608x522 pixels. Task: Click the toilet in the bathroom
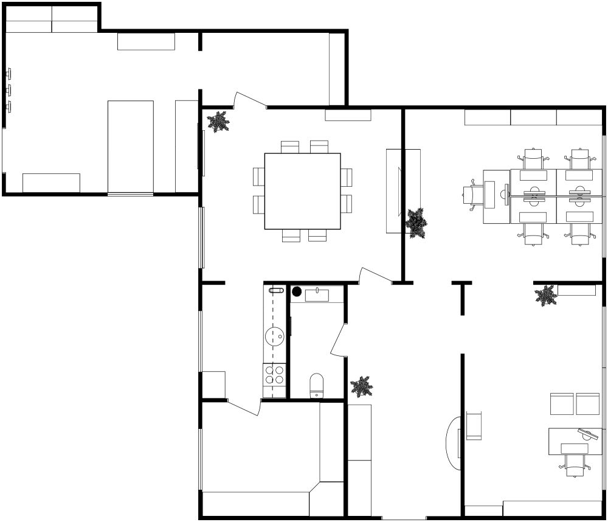317,385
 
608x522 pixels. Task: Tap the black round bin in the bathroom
297,291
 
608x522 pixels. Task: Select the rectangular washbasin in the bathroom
317,296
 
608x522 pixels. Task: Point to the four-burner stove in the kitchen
275,374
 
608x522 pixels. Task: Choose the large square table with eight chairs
302,190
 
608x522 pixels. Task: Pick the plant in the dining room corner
218,122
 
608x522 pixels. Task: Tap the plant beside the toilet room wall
362,386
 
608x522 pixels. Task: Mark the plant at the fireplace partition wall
416,223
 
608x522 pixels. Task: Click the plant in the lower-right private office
545,296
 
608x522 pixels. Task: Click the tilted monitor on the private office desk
588,434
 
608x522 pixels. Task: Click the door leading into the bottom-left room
244,408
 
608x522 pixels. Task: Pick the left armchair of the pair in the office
562,403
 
